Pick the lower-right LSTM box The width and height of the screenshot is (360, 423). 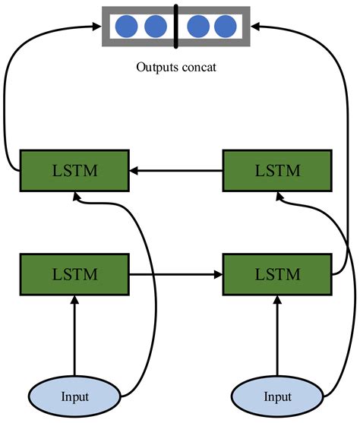point(276,273)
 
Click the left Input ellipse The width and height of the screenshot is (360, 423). point(74,396)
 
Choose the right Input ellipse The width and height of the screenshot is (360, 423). point(276,396)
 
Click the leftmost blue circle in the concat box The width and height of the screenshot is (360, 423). point(126,27)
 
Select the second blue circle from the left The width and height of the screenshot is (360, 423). point(155,27)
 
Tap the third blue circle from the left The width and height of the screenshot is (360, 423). point(197,27)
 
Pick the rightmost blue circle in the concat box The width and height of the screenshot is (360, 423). point(225,27)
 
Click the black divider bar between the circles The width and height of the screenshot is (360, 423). point(175,27)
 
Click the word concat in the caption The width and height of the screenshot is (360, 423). point(198,67)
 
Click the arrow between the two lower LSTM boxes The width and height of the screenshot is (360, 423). point(176,273)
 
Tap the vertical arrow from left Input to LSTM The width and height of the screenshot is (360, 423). point(74,334)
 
